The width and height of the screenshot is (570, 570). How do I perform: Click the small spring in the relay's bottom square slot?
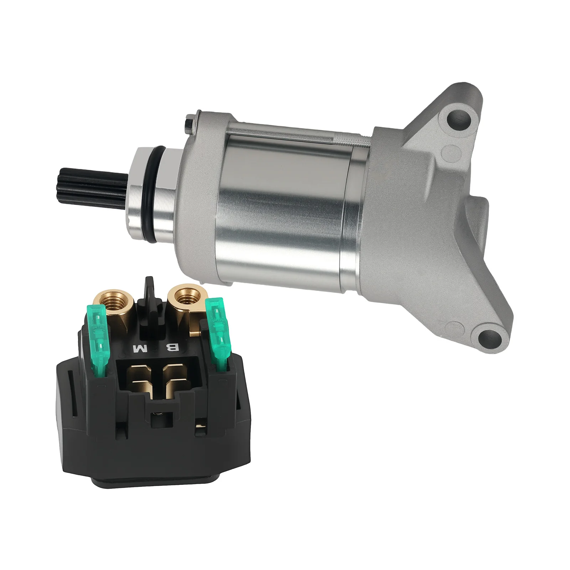[156, 414]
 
